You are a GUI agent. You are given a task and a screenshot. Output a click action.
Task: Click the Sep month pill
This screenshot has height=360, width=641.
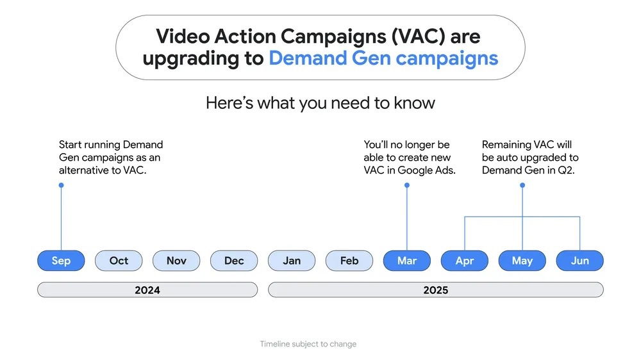click(x=61, y=261)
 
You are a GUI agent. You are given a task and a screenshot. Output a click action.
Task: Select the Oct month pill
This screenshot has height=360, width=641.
click(x=119, y=261)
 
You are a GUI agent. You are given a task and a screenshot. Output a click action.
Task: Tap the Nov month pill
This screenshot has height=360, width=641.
click(x=176, y=261)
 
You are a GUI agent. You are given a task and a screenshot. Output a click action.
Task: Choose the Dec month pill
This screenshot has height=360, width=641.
click(x=234, y=261)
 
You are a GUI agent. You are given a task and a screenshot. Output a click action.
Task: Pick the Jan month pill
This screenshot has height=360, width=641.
click(x=292, y=261)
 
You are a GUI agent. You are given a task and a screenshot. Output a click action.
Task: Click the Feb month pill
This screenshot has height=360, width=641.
click(x=349, y=261)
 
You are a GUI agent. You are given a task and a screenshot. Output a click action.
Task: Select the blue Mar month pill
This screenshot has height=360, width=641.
click(x=407, y=261)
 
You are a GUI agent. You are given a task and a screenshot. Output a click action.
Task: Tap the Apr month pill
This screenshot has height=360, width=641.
click(x=464, y=261)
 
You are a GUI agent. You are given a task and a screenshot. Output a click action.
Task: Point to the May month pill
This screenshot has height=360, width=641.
click(x=522, y=261)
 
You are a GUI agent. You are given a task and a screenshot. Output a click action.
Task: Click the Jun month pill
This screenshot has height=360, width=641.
click(x=579, y=261)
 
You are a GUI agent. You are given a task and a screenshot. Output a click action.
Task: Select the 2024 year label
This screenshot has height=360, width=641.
click(x=147, y=290)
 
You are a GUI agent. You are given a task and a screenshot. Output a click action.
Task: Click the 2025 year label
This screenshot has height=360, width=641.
click(x=436, y=290)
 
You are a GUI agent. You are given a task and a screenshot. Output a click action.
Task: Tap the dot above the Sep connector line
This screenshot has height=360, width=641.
click(x=62, y=185)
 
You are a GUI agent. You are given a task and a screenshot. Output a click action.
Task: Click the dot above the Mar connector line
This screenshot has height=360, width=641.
click(x=407, y=185)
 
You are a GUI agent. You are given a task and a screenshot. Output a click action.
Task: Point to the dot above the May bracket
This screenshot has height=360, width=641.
click(x=522, y=185)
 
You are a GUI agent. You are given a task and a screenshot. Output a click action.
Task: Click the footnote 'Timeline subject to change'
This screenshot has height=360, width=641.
click(x=308, y=344)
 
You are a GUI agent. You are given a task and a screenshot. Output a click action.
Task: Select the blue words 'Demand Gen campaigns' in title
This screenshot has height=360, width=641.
click(x=383, y=58)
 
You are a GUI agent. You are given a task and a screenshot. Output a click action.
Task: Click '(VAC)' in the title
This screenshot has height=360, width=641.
click(x=418, y=37)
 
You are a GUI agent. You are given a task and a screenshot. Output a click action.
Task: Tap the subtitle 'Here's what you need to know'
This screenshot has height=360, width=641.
click(x=320, y=103)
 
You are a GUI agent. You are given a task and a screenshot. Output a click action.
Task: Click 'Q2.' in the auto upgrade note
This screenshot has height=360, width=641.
click(x=566, y=170)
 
